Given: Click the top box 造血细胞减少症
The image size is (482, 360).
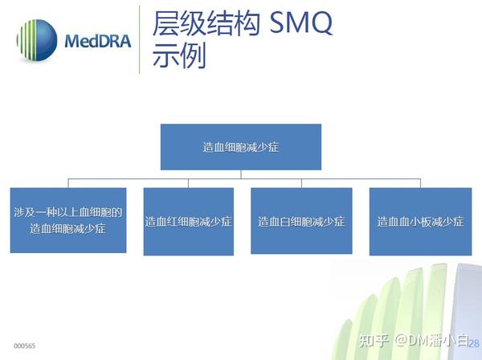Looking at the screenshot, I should [x=241, y=147].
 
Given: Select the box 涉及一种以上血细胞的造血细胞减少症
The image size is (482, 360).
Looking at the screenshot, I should [x=67, y=220].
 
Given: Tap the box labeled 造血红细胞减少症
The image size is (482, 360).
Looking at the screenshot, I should [x=189, y=221].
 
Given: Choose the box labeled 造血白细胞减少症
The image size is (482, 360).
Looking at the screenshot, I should [x=301, y=221].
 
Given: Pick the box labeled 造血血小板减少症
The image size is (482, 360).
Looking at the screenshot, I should [x=420, y=221].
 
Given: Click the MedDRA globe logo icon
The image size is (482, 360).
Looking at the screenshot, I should [x=36, y=40].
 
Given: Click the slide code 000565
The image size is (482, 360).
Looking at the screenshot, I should [x=24, y=346].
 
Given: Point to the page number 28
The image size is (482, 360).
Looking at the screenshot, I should [x=473, y=344].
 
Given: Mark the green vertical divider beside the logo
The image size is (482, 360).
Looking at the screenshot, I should [x=140, y=40].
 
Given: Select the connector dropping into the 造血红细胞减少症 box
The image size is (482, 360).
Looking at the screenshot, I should [x=188, y=182].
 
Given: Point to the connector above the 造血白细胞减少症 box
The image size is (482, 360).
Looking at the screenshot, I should [x=301, y=182].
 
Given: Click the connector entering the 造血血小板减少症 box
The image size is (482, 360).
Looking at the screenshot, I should [x=420, y=182].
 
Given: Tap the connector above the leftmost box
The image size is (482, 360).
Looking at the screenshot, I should [x=67, y=182].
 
